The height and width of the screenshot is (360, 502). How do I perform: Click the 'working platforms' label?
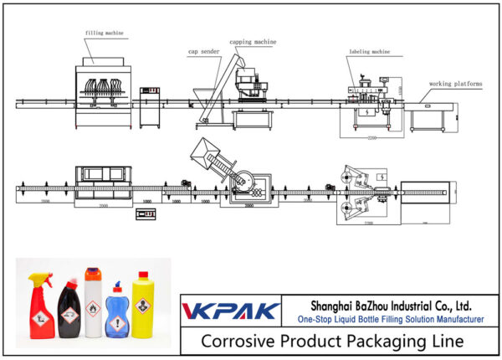click(452, 84)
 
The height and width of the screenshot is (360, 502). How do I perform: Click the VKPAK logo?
click(231, 311)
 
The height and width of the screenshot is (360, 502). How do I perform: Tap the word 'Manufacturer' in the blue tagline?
click(453, 320)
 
